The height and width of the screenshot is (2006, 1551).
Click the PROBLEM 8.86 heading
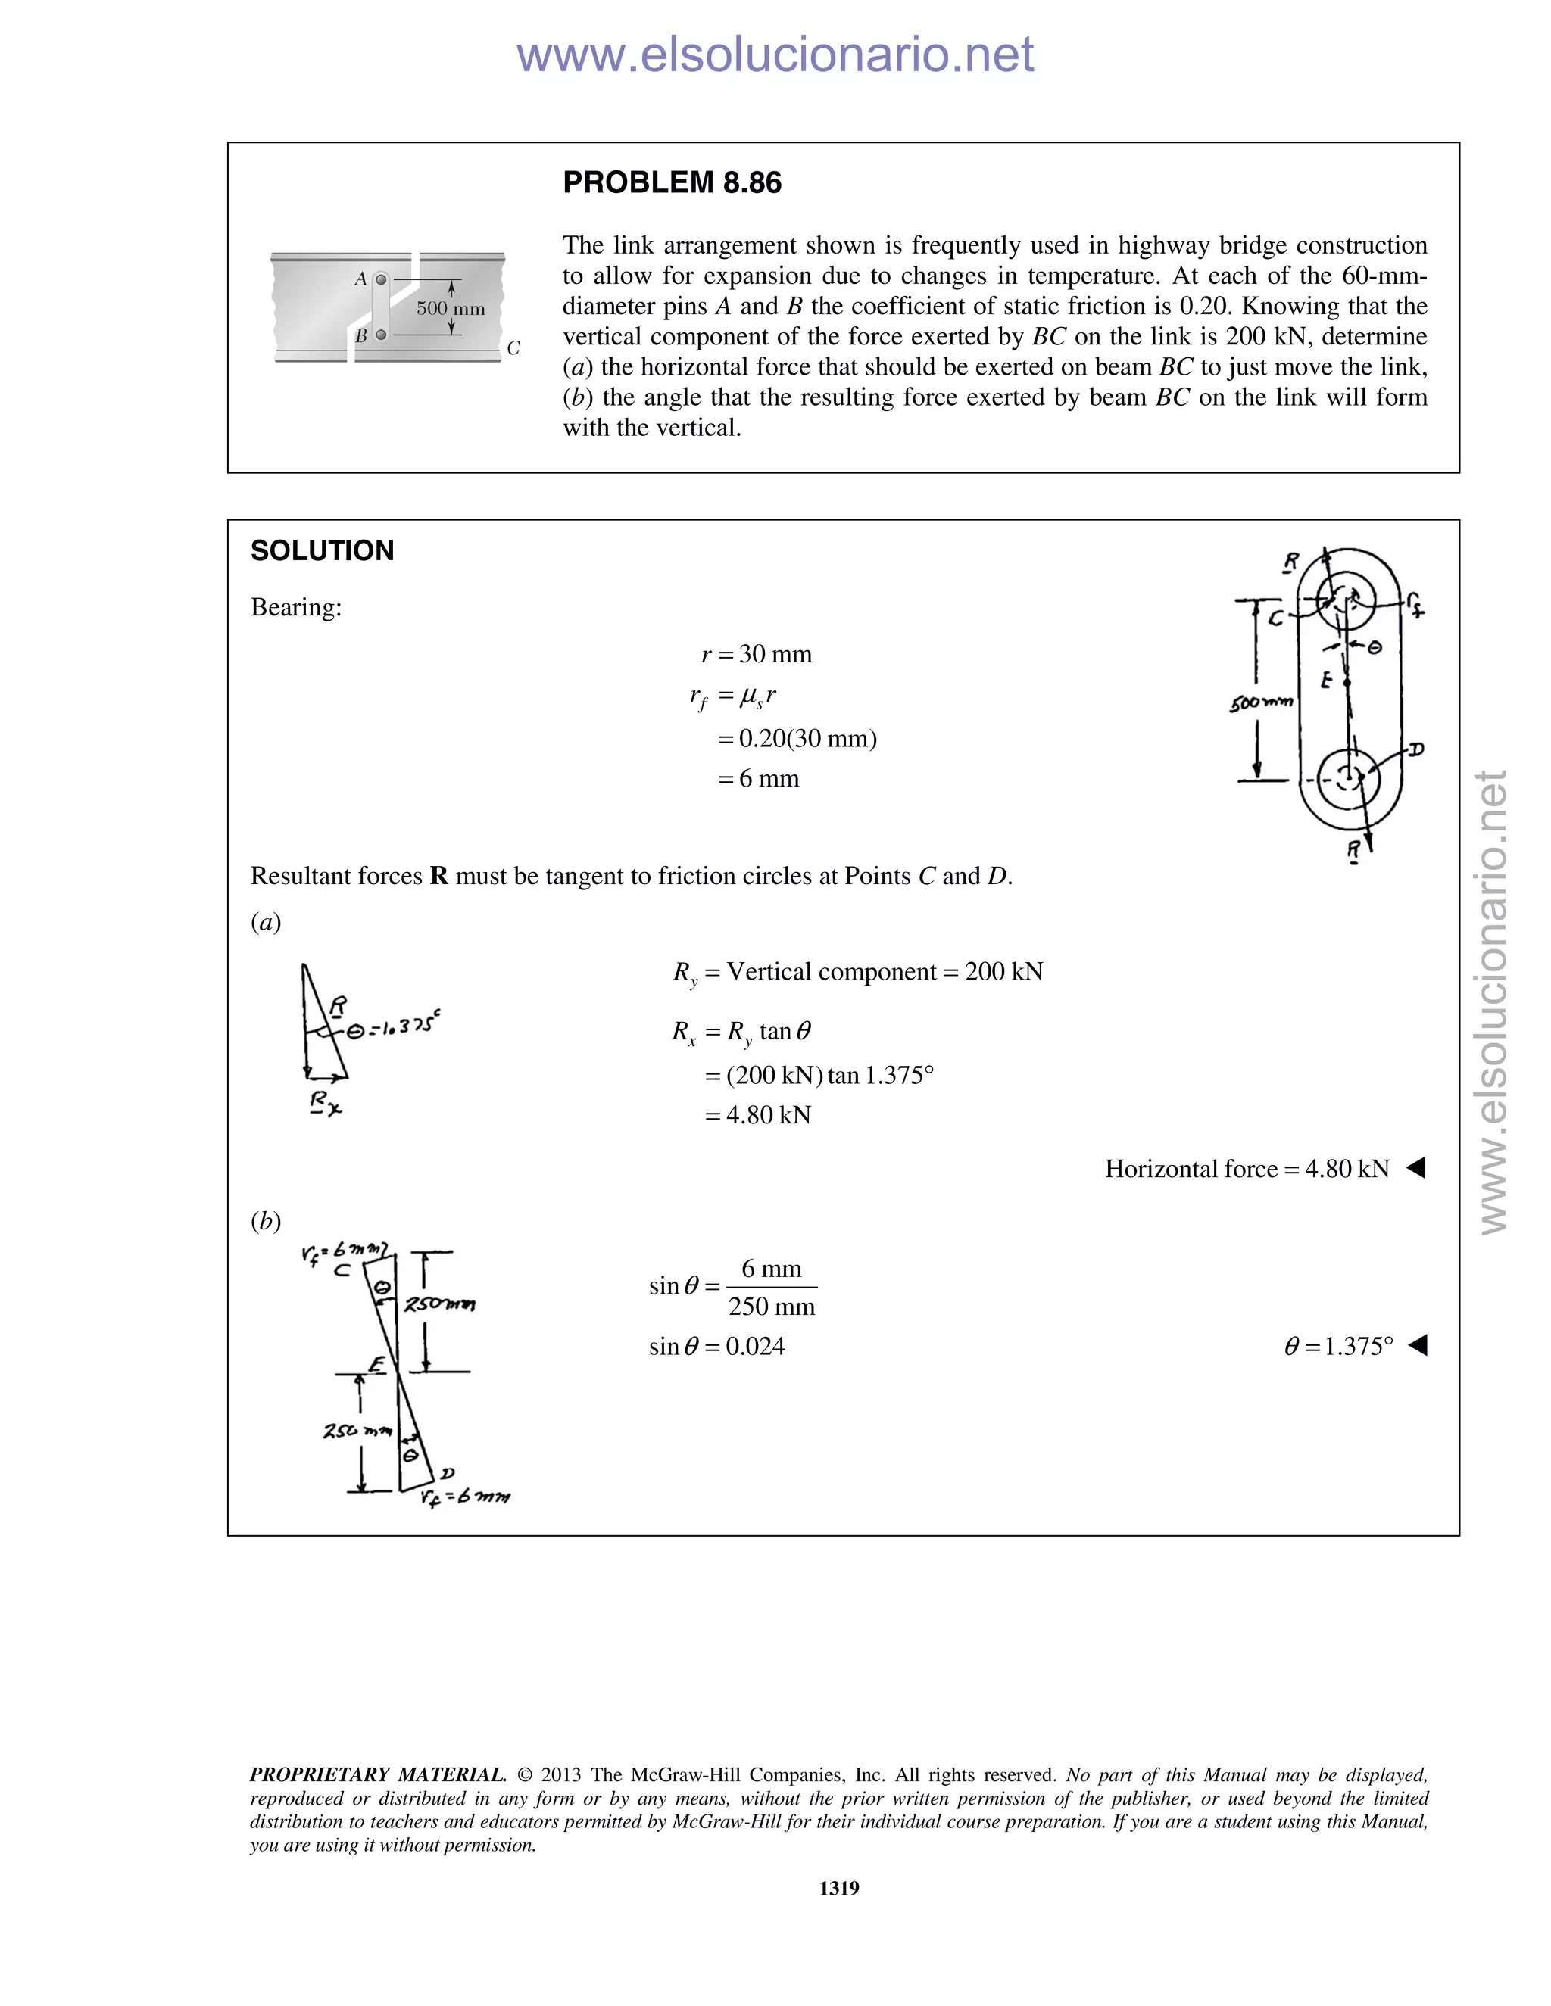[672, 182]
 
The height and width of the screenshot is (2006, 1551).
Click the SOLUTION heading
[322, 550]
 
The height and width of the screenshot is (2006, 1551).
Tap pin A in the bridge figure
[382, 279]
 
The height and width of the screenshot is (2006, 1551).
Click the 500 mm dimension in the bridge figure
[451, 309]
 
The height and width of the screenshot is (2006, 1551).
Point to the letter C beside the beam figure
[513, 348]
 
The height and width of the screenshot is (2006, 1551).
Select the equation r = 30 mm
[757, 654]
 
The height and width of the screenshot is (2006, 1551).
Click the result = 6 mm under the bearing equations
[758, 779]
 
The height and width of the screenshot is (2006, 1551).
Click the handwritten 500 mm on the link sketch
[1261, 702]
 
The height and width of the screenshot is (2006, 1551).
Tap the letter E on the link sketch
[1326, 681]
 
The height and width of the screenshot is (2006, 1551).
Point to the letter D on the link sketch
[1416, 749]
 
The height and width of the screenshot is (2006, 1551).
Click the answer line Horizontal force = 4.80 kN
[1247, 1170]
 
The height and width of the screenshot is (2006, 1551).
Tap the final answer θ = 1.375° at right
[1339, 1347]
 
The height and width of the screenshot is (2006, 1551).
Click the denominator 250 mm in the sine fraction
[772, 1307]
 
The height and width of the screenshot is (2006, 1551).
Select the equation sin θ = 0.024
[716, 1347]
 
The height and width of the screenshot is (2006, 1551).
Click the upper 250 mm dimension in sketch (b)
[440, 1304]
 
